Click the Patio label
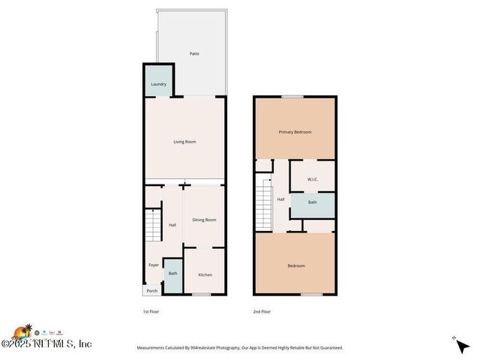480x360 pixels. click(194, 53)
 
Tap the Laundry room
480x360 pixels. click(158, 84)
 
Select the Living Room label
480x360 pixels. click(184, 141)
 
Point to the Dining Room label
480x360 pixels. click(204, 220)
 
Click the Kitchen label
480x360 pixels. click(205, 274)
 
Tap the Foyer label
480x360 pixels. click(153, 265)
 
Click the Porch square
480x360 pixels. click(151, 291)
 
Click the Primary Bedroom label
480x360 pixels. click(295, 132)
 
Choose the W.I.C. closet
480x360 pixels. click(312, 179)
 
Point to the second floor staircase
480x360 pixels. click(265, 208)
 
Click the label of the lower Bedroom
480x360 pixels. click(296, 265)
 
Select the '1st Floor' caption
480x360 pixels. click(151, 311)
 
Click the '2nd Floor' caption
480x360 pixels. click(262, 311)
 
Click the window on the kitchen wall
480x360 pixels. click(200, 294)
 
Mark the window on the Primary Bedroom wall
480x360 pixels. click(292, 96)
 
